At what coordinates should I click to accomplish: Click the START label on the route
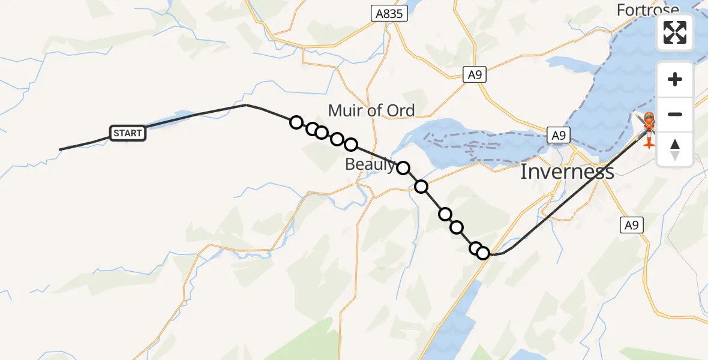pos(127,133)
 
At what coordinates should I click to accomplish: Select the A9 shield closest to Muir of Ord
pos(475,74)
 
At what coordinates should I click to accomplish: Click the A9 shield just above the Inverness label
pos(558,135)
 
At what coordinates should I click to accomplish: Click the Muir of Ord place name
pos(371,110)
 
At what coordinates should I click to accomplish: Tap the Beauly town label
pos(370,164)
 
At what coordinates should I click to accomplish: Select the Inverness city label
pos(566,172)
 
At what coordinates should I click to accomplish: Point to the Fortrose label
pos(648,9)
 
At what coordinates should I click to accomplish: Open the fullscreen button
pos(675,32)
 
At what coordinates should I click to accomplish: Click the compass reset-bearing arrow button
pos(675,149)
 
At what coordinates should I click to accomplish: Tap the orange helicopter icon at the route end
pos(649,128)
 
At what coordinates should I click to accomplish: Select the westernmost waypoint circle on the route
pos(296,122)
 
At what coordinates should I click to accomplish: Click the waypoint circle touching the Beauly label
pos(403,167)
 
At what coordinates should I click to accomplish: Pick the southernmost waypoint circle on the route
pos(483,253)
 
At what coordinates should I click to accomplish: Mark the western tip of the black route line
pos(59,149)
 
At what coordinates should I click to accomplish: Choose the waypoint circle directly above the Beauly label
pos(351,145)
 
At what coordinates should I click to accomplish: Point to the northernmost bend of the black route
pos(246,105)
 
